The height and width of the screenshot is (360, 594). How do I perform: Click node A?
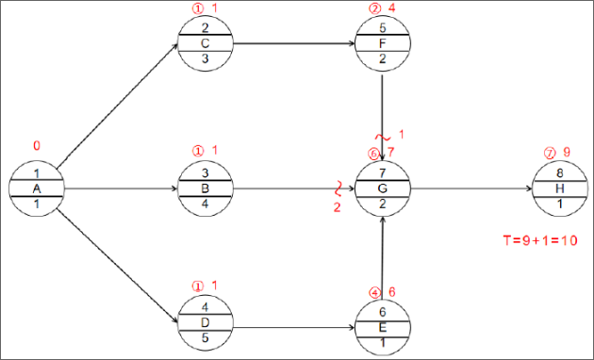coord(37,188)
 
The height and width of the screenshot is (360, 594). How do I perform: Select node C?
coord(205,43)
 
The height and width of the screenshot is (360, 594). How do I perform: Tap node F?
coord(383,43)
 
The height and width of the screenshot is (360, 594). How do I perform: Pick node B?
coord(205,188)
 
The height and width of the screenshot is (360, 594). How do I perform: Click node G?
coord(383,188)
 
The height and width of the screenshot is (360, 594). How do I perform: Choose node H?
coord(560,188)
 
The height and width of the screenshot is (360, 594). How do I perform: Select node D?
coord(205,323)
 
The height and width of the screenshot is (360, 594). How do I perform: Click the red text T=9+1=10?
coord(539,240)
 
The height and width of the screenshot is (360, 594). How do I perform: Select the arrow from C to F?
coord(292,43)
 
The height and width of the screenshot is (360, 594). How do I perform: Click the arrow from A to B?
coord(120,188)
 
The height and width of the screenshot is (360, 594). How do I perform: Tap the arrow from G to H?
coord(471,188)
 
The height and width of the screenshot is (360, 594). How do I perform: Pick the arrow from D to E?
coord(292,327)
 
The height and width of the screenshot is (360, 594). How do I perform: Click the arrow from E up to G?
coord(383,256)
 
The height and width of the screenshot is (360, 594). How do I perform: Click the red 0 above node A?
coord(37,146)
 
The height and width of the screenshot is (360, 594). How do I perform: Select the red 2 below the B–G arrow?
coord(337,207)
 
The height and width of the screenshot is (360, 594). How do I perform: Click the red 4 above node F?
coord(391,8)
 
